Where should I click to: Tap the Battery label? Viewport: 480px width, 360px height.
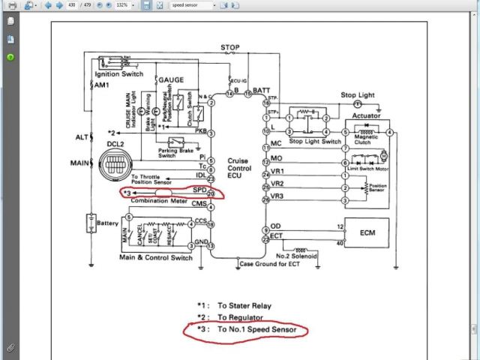pos(108,223)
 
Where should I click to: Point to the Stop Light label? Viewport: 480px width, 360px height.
pos(358,95)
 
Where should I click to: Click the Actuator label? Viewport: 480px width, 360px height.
pos(366,116)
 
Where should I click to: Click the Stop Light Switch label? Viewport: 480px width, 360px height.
pos(315,141)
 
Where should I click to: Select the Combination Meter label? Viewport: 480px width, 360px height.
pos(159,201)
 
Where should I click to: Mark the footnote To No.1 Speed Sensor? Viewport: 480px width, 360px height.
pos(261,329)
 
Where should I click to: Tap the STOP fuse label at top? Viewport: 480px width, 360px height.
pos(230,48)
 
